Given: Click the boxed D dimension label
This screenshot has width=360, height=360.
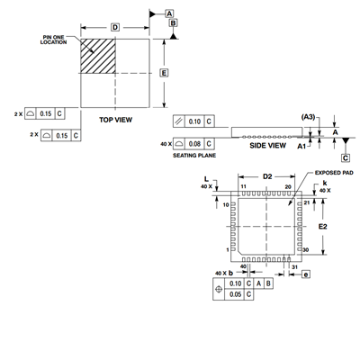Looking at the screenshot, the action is coord(115,28).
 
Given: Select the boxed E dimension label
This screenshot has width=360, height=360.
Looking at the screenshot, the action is coord(164,73).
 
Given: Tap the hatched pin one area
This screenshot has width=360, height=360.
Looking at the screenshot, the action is coord(98,56).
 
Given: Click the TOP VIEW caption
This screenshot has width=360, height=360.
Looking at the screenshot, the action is coord(115,120).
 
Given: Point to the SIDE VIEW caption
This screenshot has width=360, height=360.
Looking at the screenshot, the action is coord(267,146).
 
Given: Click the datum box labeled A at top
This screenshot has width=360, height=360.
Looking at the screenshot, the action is coord(169,13).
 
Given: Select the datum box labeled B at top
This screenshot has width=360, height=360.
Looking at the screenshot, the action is coord(174,23).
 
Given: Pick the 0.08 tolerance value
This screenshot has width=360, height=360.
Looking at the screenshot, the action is coord(194,144).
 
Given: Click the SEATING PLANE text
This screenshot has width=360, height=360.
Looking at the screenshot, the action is coord(194,156).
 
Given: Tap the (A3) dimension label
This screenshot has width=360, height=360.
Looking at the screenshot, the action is coord(308,117).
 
